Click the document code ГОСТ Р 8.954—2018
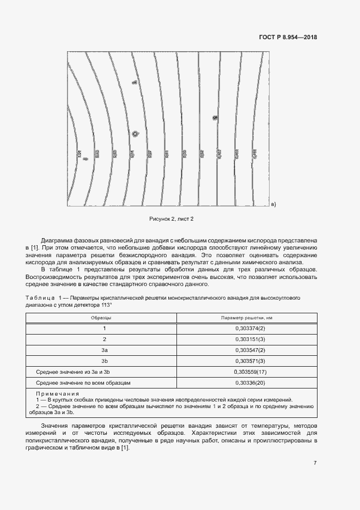click(287, 38)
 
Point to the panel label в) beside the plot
click(273, 205)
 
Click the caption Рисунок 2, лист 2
click(172, 218)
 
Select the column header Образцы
click(104, 317)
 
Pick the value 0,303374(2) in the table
click(250, 328)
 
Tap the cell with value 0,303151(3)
click(250, 339)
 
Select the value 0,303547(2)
click(250, 350)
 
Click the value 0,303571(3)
click(250, 361)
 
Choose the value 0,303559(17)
click(250, 372)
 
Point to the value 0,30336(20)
click(250, 383)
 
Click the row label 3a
click(105, 350)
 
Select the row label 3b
click(105, 361)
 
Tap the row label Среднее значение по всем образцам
click(83, 383)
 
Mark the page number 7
click(315, 463)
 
